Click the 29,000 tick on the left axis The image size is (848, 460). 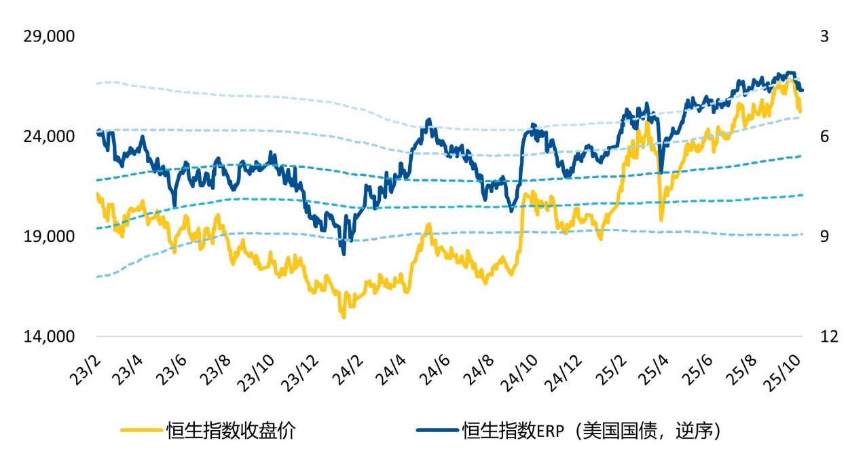[49, 37]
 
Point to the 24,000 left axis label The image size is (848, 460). [49, 137]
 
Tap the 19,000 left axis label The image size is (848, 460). [49, 236]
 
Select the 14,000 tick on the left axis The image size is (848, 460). [49, 337]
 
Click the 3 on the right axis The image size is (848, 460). [824, 37]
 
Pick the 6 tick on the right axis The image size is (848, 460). [824, 137]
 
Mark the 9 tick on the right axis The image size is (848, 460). [824, 236]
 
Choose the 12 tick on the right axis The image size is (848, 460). [824, 337]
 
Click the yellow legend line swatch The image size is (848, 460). [141, 431]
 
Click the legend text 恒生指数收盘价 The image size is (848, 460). [230, 431]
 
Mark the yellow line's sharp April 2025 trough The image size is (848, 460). [661, 219]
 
